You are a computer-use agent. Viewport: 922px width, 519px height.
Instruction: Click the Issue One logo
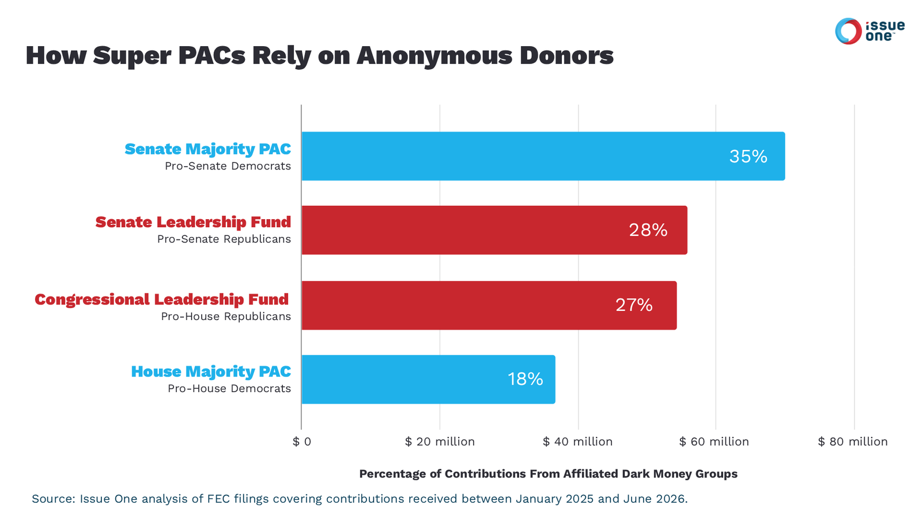(x=870, y=31)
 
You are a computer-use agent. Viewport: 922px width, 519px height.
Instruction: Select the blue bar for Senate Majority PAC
(x=543, y=156)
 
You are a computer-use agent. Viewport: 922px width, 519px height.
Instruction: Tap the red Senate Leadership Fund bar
(x=494, y=230)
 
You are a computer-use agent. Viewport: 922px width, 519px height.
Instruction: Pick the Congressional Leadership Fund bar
(x=489, y=305)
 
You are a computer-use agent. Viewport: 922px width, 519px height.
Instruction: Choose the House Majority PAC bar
(x=429, y=379)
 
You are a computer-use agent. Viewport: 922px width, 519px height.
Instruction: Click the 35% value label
(x=749, y=156)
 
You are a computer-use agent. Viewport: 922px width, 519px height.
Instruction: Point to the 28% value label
(x=648, y=230)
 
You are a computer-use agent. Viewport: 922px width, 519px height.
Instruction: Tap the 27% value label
(x=634, y=305)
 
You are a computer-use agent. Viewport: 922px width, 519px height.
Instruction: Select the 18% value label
(x=525, y=379)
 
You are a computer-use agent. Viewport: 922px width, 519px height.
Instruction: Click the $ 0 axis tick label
(x=302, y=442)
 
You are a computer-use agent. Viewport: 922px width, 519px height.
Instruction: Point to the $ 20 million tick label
(x=440, y=442)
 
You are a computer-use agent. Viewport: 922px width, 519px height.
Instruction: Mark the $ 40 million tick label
(x=577, y=442)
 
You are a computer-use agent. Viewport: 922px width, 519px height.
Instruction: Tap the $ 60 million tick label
(x=714, y=442)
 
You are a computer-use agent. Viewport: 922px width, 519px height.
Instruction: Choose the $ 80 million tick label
(x=852, y=442)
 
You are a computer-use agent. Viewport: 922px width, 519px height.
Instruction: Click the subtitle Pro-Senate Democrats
(x=228, y=166)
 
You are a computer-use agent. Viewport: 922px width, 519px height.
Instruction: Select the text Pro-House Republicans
(x=225, y=317)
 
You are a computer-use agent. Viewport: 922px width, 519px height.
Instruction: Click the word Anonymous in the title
(x=434, y=56)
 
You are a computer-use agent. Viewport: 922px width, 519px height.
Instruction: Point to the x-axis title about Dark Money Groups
(x=548, y=473)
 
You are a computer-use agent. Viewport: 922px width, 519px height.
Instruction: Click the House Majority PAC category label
(x=211, y=371)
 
